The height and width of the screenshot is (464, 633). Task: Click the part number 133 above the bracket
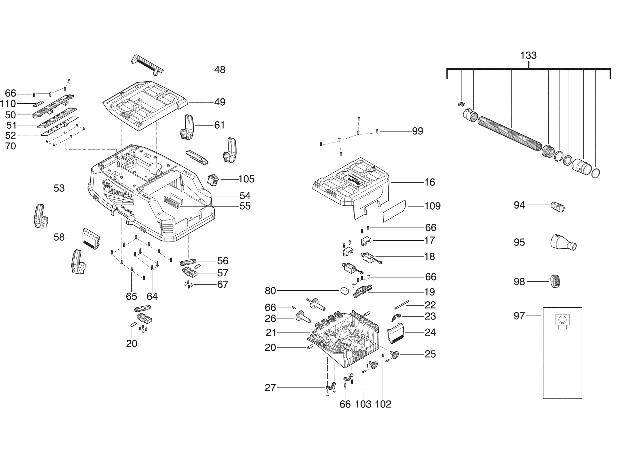(x=528, y=55)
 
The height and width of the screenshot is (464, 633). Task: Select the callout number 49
(x=220, y=102)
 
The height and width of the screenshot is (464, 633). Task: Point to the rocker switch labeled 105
(x=213, y=179)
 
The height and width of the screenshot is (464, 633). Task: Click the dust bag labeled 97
(x=562, y=353)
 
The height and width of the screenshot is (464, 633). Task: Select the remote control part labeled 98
(x=555, y=281)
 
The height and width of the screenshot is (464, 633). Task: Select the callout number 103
(x=363, y=404)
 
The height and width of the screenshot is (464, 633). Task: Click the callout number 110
(x=8, y=104)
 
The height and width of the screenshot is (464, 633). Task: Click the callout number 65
(x=131, y=296)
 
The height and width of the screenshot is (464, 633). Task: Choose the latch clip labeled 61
(x=187, y=127)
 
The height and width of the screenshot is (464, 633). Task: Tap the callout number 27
(x=270, y=388)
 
